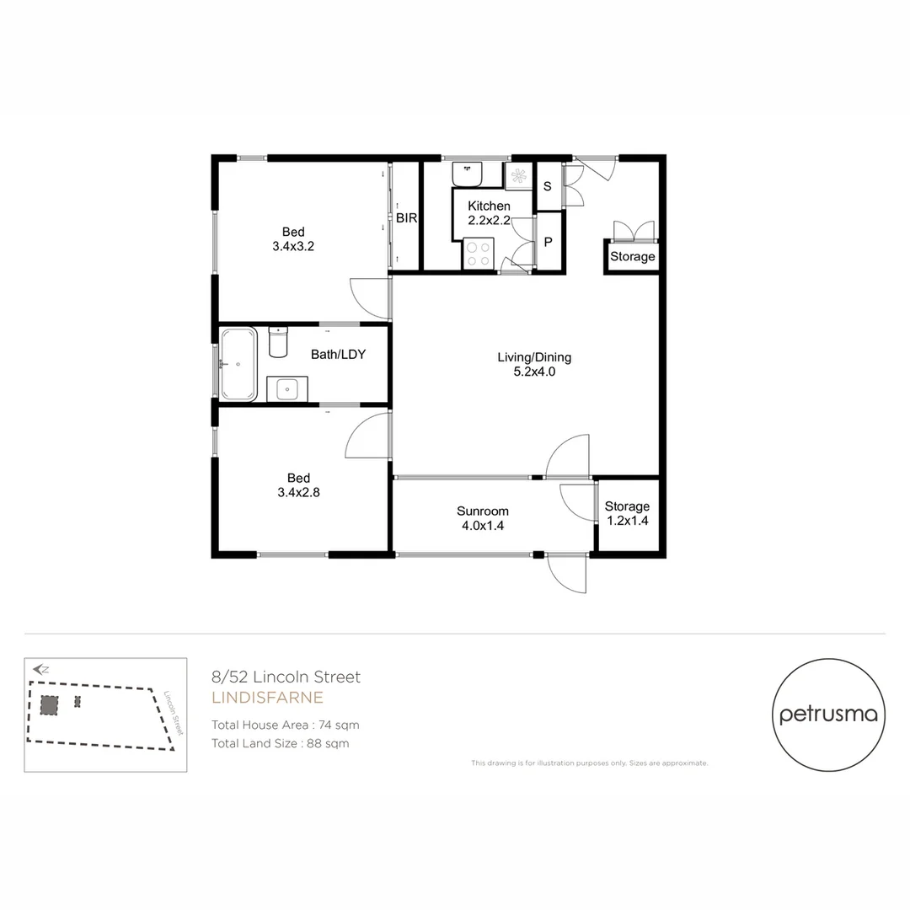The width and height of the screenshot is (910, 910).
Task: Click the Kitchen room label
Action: [489, 206]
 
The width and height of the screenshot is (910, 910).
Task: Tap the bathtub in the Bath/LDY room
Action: [238, 365]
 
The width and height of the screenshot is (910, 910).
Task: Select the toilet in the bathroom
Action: [277, 341]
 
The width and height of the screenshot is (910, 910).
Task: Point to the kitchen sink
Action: [467, 174]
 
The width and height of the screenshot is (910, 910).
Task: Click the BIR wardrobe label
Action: [407, 217]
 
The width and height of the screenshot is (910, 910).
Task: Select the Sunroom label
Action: [482, 511]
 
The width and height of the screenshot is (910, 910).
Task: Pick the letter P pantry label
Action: [548, 243]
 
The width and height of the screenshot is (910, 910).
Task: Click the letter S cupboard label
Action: [547, 186]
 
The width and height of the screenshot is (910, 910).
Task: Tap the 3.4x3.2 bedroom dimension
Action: [293, 247]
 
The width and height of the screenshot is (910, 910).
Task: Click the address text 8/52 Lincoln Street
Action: [286, 677]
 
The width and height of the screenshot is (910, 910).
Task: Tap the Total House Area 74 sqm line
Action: [286, 725]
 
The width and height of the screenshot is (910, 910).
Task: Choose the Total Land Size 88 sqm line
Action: [280, 743]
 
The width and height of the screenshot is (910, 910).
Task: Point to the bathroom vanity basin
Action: [287, 389]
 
